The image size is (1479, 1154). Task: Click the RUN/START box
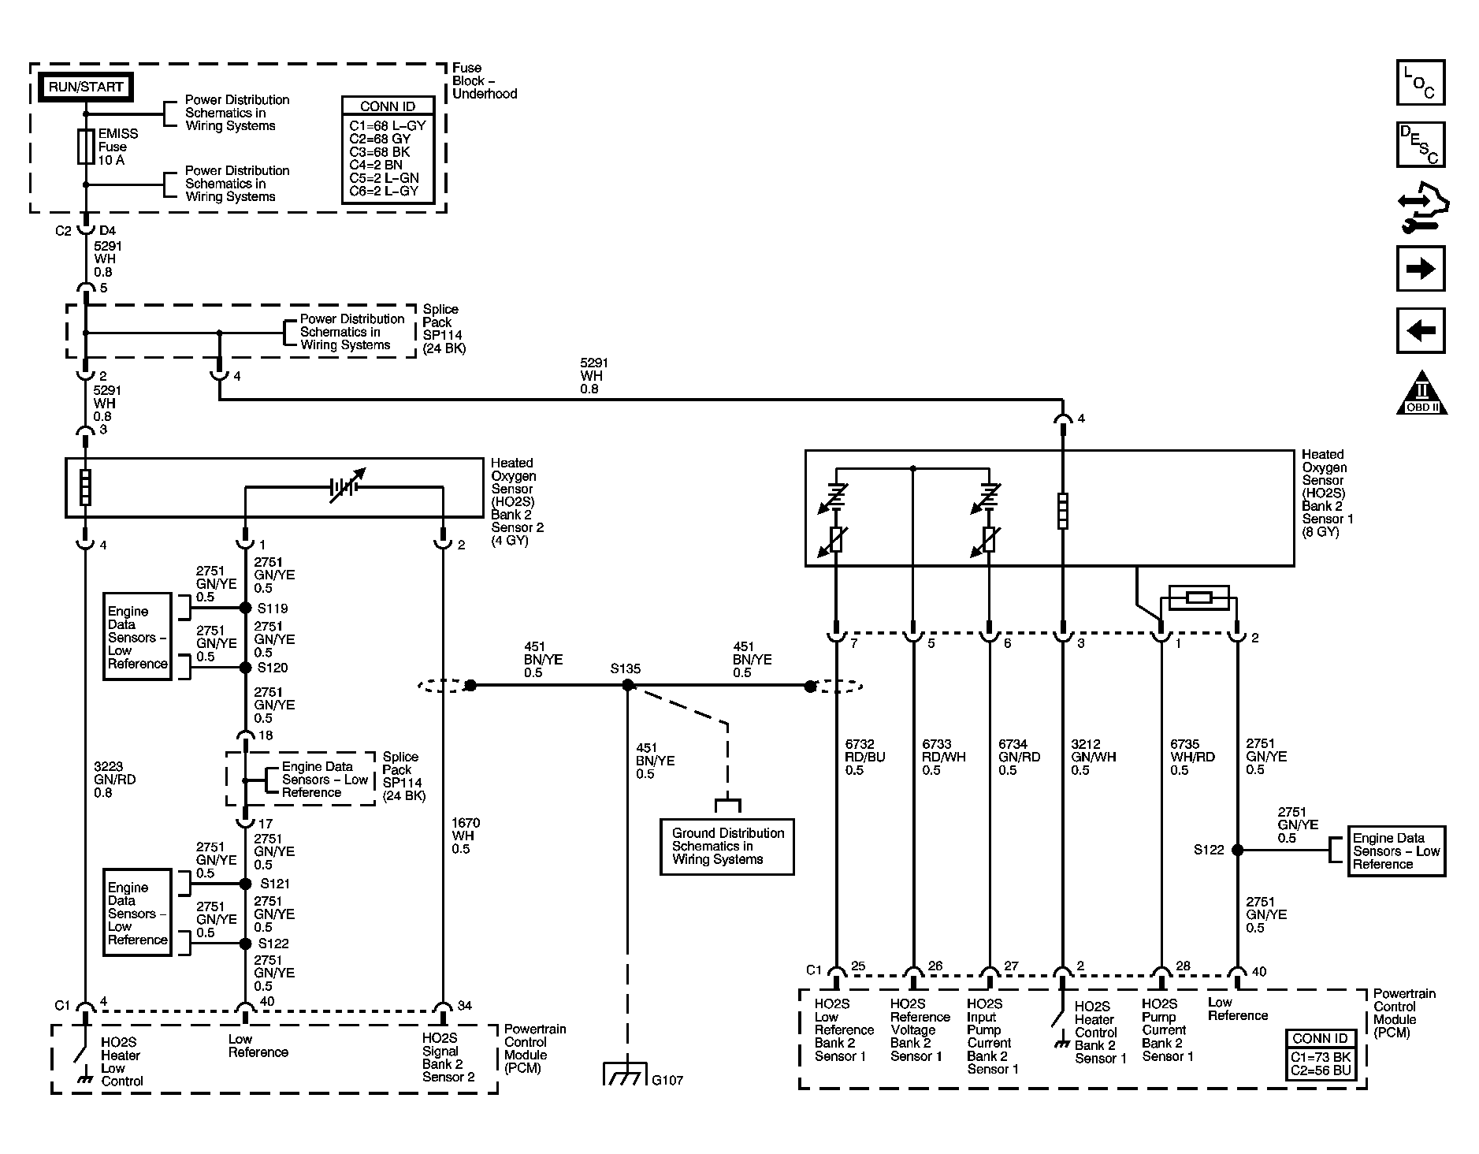[86, 87]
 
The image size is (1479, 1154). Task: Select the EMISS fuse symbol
[86, 147]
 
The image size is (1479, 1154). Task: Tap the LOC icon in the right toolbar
[1420, 83]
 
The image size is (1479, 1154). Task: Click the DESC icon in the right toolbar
[1420, 144]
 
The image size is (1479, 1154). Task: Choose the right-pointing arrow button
[1420, 269]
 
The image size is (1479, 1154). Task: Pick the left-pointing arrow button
[1420, 330]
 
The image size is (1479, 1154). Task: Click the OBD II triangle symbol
[1422, 393]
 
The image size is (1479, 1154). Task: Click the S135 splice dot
[628, 686]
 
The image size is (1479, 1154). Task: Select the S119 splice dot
[245, 608]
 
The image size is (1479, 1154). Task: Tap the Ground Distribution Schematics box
[726, 847]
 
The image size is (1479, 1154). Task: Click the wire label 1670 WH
[466, 836]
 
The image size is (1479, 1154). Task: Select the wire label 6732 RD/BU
[865, 757]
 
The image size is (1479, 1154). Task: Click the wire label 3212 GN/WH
[1093, 757]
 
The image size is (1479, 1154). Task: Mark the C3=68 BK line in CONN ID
[380, 152]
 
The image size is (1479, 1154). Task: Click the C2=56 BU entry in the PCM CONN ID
[1321, 1071]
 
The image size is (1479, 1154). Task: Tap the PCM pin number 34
[465, 1006]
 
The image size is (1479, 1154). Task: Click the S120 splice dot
[245, 667]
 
